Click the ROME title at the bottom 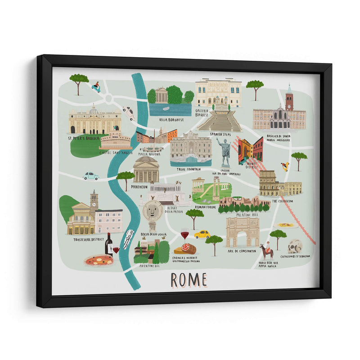[189, 279]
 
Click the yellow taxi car [202, 234]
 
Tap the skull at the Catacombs [295, 247]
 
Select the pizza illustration [99, 260]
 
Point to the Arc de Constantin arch [242, 232]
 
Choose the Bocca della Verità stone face [153, 211]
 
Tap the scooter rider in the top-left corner [96, 87]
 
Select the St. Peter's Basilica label [83, 139]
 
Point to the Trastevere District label [89, 240]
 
